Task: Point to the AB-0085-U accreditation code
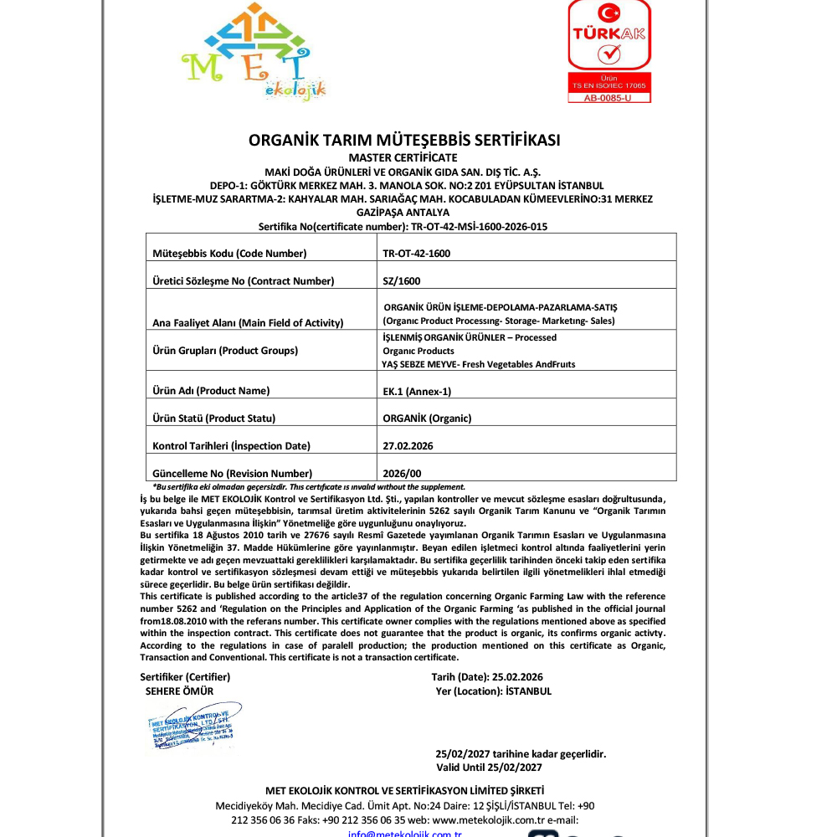point(609,97)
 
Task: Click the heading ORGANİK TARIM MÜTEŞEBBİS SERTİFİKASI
point(404,140)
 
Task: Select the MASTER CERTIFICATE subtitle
point(403,157)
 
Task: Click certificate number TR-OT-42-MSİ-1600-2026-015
point(480,226)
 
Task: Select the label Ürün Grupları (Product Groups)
point(225,351)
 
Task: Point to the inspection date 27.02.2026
point(408,445)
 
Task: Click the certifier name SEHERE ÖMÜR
point(180,691)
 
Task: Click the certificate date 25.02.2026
point(518,676)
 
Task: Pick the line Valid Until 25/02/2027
point(490,767)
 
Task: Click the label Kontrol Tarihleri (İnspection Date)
point(231,445)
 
